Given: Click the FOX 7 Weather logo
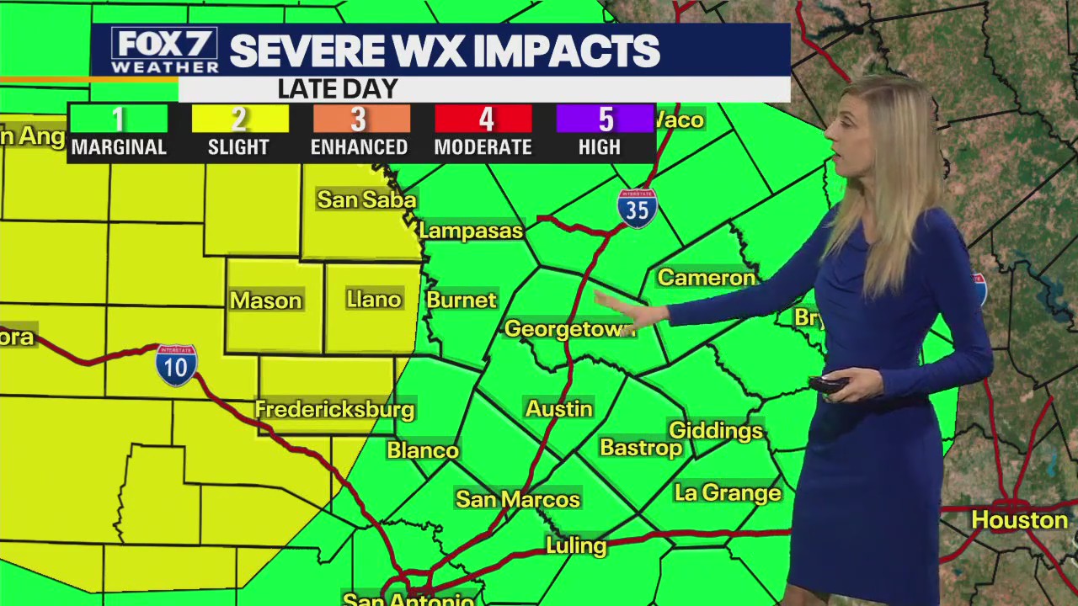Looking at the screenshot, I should point(164,50).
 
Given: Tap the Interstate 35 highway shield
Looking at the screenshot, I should point(637,207).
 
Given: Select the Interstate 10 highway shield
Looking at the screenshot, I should point(176,364).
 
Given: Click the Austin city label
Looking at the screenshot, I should point(559,409).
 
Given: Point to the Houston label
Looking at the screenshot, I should point(1019,519).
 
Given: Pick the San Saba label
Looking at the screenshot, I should point(366,199).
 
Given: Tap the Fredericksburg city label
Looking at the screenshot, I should point(334,410).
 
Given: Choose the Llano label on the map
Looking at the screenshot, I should point(373,300).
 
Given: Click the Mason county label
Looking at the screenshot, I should point(265,300).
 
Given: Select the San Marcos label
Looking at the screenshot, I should point(517,499).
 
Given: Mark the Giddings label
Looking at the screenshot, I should point(715,431).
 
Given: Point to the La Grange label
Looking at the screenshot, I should point(728,492).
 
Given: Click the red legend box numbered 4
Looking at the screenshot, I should point(483,119).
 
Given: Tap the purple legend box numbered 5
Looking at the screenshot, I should point(605,119).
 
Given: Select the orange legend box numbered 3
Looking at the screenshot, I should point(360,119).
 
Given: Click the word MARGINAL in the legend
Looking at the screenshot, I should point(119,147).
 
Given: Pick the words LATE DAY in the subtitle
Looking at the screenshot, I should point(337,88).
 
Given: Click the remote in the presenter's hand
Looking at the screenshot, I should point(828,385).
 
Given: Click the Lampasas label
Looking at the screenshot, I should point(471,231).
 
